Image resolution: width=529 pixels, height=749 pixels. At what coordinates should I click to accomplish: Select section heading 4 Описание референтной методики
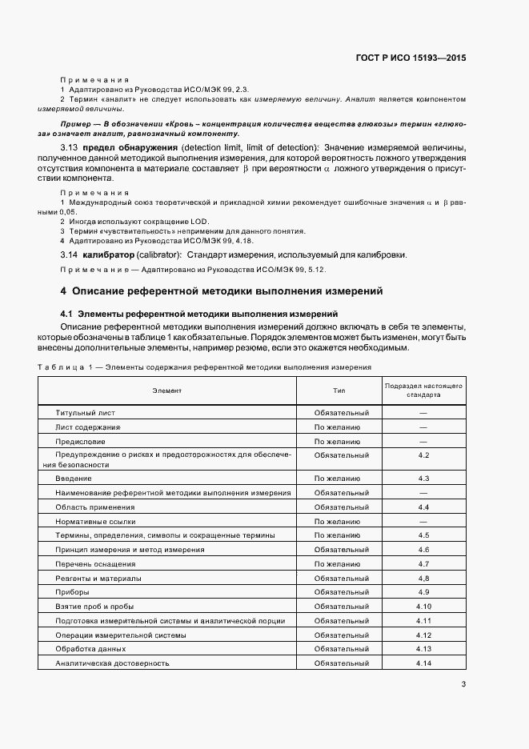[222, 290]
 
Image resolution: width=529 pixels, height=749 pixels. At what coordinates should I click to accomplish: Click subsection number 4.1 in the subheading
[66, 314]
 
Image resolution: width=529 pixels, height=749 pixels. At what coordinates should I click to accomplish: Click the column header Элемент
[167, 391]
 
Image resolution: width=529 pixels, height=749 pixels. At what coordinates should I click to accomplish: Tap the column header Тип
[339, 391]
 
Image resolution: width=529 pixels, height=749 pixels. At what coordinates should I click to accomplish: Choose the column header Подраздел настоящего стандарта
[423, 391]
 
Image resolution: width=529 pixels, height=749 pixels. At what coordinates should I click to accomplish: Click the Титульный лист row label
[86, 413]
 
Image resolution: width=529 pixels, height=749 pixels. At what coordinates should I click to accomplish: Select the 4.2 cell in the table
[423, 455]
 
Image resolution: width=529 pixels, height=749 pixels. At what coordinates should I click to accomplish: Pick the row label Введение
[73, 479]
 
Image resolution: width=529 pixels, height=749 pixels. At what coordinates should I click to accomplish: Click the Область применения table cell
[95, 507]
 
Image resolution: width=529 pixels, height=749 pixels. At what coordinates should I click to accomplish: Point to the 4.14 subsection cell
[423, 663]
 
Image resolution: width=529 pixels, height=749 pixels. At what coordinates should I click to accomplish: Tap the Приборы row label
[72, 592]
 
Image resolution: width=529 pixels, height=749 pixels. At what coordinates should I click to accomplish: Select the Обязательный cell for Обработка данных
[341, 649]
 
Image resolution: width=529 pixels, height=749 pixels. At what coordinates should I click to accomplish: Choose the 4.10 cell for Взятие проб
[423, 607]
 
